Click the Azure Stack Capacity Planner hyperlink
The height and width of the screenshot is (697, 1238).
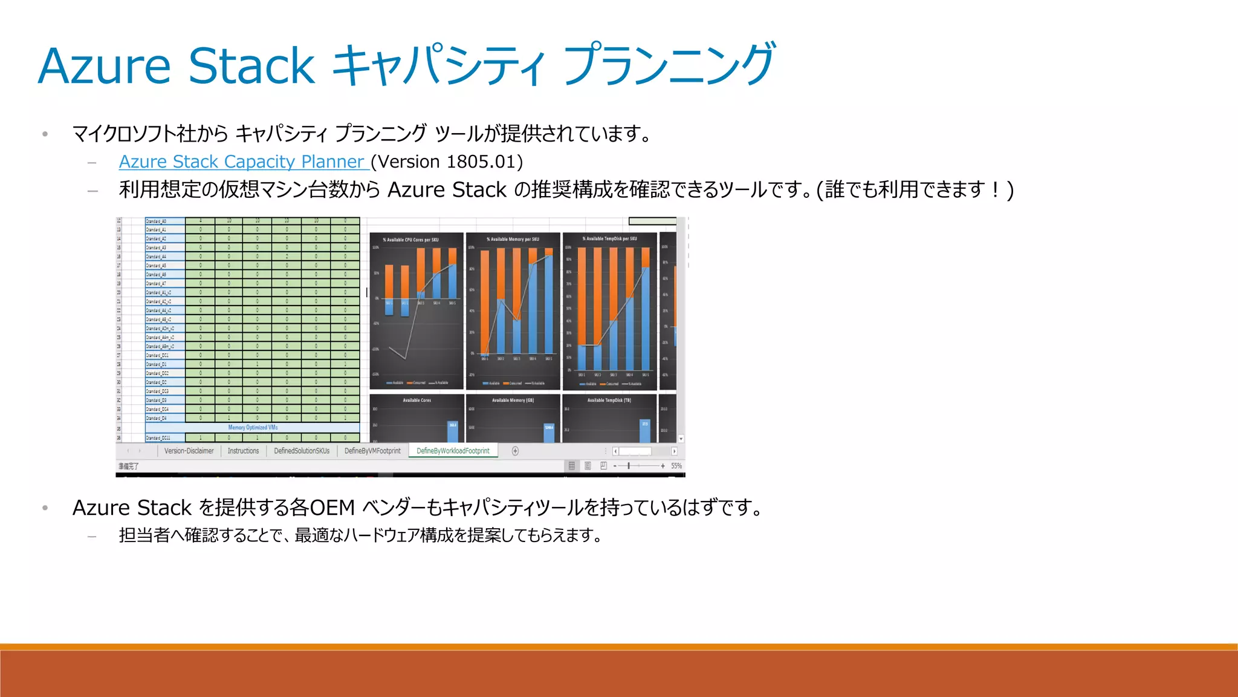tap(242, 162)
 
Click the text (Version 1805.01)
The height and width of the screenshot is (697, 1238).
tap(447, 162)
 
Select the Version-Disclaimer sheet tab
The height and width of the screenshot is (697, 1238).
tap(189, 451)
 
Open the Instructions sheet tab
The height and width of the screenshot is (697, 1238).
tap(243, 451)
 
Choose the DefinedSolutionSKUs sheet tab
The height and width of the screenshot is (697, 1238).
tap(302, 451)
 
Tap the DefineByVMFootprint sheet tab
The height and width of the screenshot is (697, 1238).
tap(372, 451)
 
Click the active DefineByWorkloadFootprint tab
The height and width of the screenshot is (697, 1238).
tap(453, 451)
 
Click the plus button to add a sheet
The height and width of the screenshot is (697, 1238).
tap(515, 451)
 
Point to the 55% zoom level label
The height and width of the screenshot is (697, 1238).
tap(676, 466)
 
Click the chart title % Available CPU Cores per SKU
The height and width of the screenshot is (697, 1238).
tap(410, 240)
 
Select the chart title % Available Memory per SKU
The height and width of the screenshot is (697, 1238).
tap(513, 240)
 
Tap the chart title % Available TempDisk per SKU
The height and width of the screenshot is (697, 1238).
tap(609, 239)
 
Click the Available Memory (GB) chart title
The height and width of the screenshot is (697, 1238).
tap(513, 401)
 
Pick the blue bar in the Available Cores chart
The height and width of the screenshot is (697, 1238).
tap(453, 431)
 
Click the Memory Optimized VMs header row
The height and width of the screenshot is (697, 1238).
tap(253, 428)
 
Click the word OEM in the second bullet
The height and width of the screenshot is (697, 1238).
tap(332, 508)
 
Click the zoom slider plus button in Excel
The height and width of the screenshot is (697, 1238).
tap(663, 466)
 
